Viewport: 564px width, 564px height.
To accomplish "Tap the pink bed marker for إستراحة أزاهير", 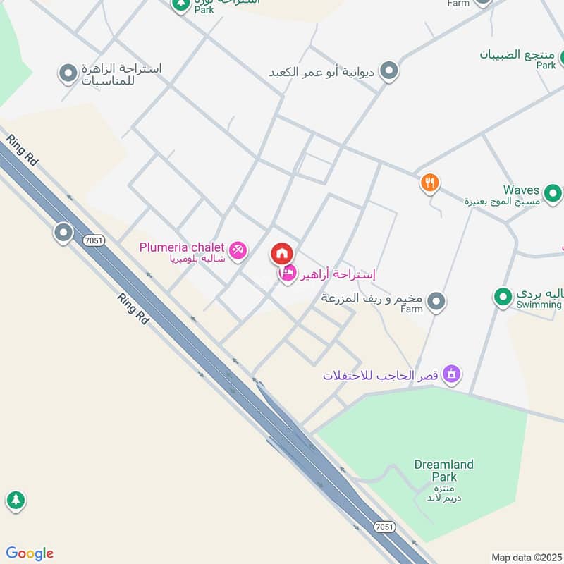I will point(288,274).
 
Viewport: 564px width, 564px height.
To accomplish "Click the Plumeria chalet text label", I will point(181,247).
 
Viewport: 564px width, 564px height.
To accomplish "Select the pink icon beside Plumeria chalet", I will point(238,249).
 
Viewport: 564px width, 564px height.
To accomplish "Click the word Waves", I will point(521,190).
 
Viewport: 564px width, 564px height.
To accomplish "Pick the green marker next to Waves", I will point(553,192).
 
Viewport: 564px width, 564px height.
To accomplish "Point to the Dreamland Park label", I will point(443,471).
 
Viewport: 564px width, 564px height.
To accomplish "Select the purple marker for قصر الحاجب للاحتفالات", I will point(452,374).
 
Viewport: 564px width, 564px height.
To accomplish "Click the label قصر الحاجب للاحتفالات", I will point(381,375).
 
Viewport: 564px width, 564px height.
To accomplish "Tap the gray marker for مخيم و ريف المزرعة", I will point(437,301).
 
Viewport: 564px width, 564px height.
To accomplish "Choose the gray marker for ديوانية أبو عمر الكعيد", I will point(388,70).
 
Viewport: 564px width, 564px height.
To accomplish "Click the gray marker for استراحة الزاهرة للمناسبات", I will point(68,73).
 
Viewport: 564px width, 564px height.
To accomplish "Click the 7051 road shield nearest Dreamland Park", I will point(384,527).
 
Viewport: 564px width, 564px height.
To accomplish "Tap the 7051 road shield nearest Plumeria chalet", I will point(92,240).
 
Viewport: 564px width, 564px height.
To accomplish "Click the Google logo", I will point(30,553).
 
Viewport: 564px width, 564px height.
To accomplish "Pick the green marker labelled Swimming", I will point(503,297).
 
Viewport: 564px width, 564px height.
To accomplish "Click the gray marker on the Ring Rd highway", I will point(63,232).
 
